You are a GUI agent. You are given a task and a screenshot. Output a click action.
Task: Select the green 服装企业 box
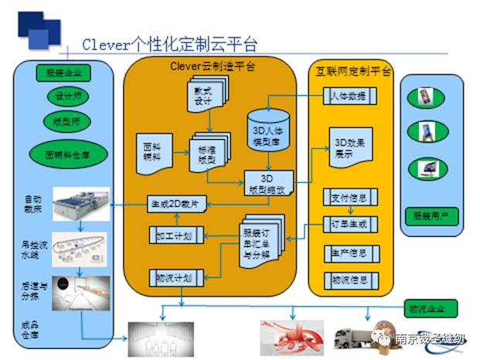(64, 74)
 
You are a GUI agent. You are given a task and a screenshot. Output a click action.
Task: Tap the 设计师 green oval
(64, 97)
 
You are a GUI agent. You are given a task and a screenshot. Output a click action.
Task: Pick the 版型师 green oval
(64, 121)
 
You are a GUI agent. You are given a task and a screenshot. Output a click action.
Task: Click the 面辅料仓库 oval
(64, 151)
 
